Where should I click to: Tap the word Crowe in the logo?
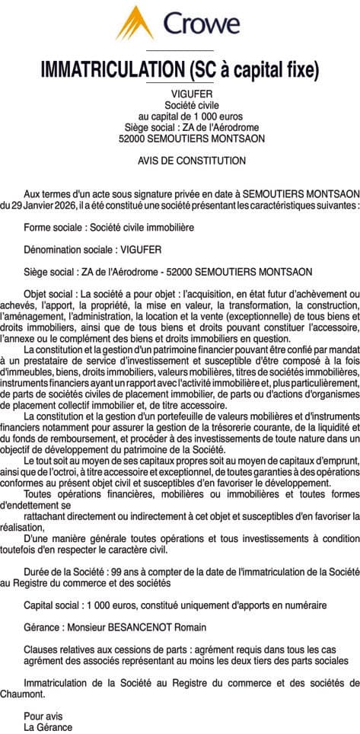pos(202,24)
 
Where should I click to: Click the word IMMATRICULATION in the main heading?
pos(108,70)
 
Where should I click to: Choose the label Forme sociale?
pos(53,228)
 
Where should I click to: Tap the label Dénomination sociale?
pos(69,249)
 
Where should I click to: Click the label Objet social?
pos(49,293)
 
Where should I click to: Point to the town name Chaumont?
pos(24,694)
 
